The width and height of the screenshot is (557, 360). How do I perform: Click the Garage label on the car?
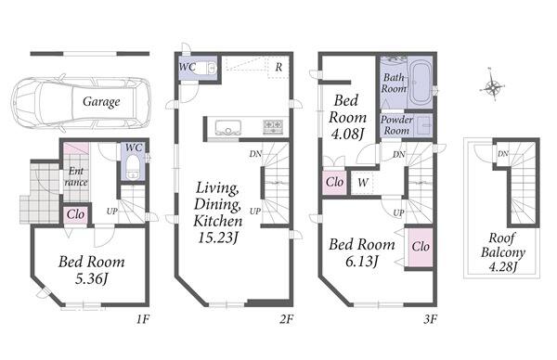coord(101,102)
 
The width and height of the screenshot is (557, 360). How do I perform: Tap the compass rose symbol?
coord(493,85)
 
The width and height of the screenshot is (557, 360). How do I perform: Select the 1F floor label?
coord(143,320)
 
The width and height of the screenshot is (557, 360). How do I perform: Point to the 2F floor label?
coord(286,320)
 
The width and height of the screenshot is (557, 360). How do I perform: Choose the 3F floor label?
coord(430,320)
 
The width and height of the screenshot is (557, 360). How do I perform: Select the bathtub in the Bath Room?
coord(421,84)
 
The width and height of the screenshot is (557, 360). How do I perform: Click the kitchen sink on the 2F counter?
coord(228,128)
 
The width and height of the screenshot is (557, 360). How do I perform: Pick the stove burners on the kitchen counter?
coord(273,127)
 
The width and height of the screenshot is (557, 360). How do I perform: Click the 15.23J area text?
coord(217,238)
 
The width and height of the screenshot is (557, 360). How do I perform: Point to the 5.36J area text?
coord(91,279)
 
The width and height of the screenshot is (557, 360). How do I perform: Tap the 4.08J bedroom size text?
coord(347,135)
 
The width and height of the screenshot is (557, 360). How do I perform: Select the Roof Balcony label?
coord(502,245)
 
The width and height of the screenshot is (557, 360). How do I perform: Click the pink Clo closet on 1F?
coord(76,214)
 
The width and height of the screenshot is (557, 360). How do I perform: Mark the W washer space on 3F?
coord(362,183)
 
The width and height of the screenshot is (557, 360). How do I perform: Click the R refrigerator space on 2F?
coord(278,67)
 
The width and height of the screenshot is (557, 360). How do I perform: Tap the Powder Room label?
coord(396,125)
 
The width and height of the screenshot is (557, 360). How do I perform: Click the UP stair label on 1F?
coord(112,212)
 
